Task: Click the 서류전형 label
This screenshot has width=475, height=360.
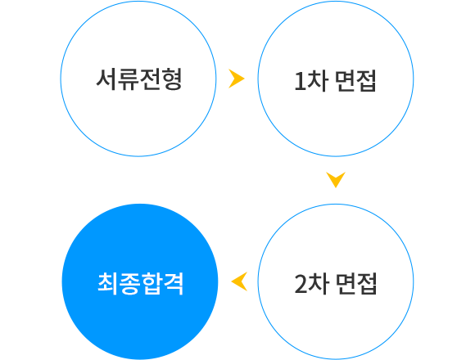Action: (x=139, y=79)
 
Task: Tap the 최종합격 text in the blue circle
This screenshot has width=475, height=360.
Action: (x=141, y=283)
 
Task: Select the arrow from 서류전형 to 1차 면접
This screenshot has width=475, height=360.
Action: (x=237, y=79)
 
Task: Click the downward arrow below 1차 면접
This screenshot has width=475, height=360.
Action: (x=336, y=180)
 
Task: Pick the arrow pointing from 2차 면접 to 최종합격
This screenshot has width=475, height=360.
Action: (x=239, y=281)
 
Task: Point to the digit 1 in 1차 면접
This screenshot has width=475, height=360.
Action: (x=300, y=81)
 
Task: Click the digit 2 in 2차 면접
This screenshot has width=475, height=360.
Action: (x=301, y=284)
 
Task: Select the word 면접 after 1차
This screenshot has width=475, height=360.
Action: (x=355, y=80)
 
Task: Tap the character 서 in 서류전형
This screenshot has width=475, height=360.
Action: (x=106, y=79)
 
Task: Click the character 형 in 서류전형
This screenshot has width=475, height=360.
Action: (x=172, y=79)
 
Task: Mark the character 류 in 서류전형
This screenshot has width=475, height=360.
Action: (x=128, y=79)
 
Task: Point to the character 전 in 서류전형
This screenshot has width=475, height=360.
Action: (x=150, y=79)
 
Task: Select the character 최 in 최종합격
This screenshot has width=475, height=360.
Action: (x=108, y=283)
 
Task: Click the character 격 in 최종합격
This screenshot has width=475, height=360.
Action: (x=174, y=283)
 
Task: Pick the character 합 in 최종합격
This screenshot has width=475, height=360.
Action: (x=152, y=284)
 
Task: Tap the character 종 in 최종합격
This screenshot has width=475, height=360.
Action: (x=129, y=284)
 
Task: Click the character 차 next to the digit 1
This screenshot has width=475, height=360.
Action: (x=317, y=80)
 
